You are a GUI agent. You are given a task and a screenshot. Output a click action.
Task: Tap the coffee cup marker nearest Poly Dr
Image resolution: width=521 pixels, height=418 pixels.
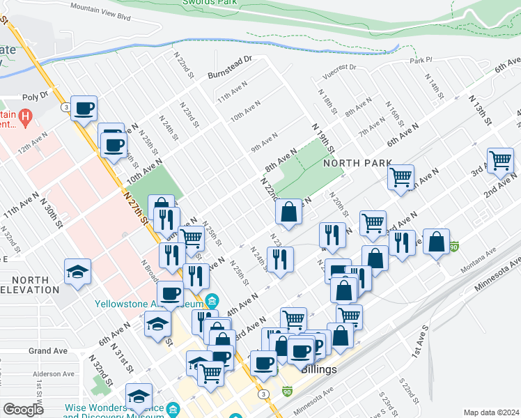(84, 109)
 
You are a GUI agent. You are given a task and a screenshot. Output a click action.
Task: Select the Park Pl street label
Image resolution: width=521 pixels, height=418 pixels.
(421, 61)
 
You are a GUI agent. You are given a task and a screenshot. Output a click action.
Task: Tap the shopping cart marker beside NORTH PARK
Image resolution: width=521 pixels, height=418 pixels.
(401, 177)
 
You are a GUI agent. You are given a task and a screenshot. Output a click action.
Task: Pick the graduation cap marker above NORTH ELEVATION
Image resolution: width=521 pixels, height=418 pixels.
(77, 271)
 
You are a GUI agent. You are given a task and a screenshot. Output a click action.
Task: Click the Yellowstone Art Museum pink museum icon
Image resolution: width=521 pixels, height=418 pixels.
(212, 302)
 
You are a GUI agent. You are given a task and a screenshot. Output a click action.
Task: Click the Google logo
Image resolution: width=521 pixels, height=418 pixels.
(24, 409)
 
